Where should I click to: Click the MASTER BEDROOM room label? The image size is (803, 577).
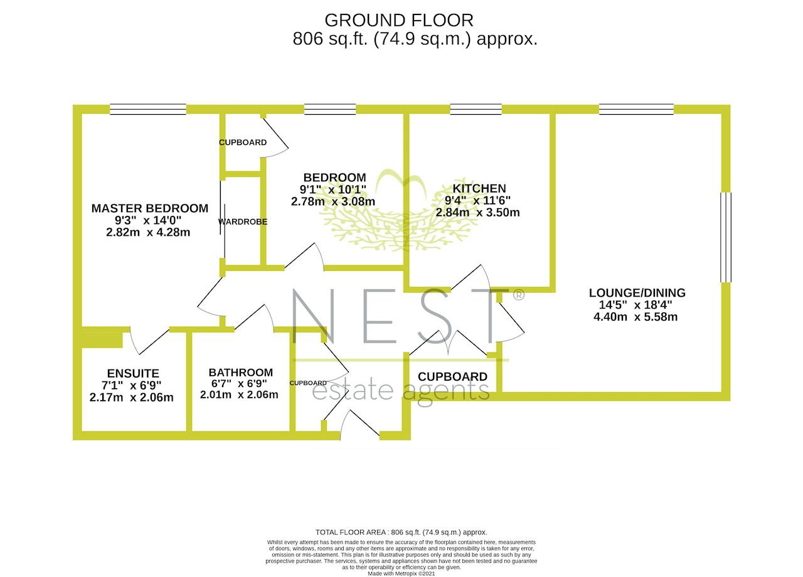point(150,208)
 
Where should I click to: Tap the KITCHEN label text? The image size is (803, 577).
point(479,189)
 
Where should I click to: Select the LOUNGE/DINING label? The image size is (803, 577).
point(637,293)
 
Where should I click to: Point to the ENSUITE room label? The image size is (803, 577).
point(133,373)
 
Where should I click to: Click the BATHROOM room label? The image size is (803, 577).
point(240,373)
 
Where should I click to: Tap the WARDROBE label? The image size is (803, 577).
point(243,222)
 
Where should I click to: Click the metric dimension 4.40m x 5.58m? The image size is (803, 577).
point(635,317)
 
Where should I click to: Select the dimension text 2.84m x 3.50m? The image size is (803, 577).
point(477,213)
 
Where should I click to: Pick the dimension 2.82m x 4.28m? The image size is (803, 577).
point(148,232)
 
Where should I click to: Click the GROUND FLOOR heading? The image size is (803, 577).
point(399,21)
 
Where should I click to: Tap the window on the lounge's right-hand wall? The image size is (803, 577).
point(726,238)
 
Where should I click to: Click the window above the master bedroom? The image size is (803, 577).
point(148,109)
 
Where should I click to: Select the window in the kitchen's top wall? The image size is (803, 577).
point(476,109)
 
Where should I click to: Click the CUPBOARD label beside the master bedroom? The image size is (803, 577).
point(243,142)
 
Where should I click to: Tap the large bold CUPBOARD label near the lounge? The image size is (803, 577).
point(452,377)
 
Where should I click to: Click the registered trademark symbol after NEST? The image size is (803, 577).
point(519,295)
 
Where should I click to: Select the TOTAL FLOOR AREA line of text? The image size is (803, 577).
point(401,532)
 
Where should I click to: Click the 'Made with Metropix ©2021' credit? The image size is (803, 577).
point(401,574)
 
